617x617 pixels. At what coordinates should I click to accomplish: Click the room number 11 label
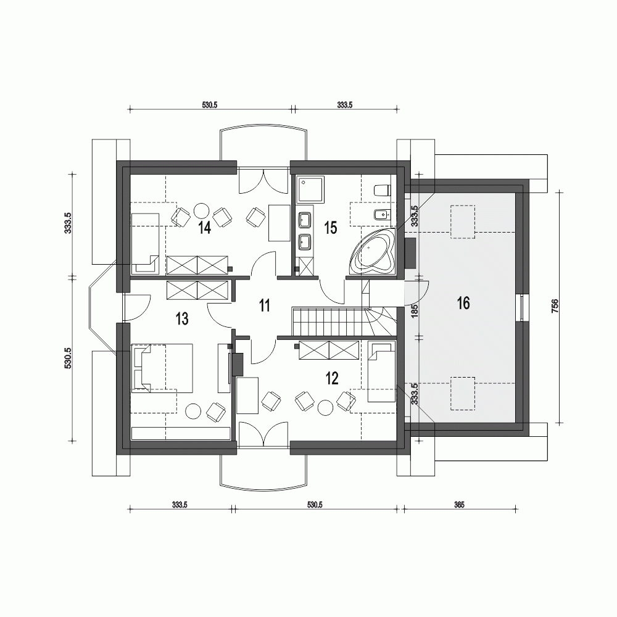tap(265, 305)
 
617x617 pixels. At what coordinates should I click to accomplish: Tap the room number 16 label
tap(463, 303)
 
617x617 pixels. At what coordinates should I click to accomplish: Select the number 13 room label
tap(181, 319)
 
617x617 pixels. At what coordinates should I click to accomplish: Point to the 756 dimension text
tap(555, 307)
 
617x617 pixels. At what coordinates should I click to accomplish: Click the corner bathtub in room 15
tap(373, 253)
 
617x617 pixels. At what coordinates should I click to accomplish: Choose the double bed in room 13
tap(162, 368)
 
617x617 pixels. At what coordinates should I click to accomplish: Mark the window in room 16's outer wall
tap(524, 308)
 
